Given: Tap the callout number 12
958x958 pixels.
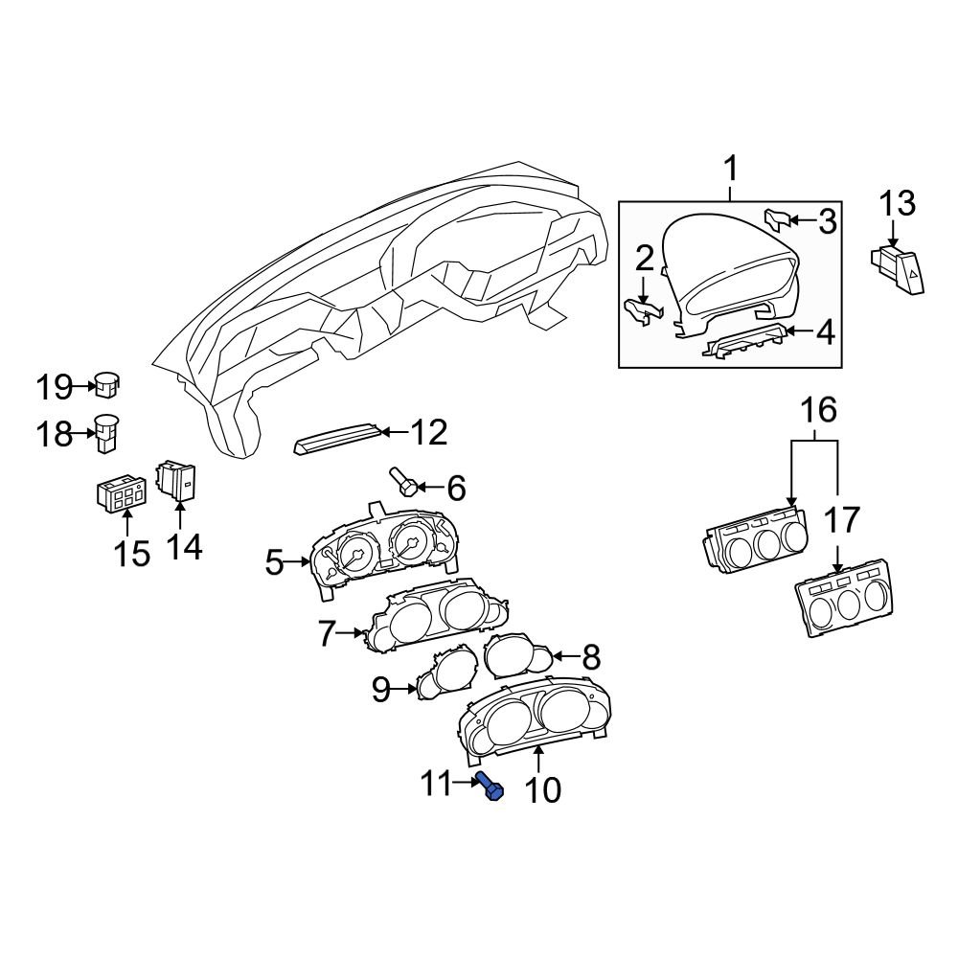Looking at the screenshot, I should (427, 433).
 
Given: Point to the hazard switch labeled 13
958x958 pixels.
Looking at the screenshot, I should (899, 269).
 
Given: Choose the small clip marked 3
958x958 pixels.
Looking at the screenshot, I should (778, 219).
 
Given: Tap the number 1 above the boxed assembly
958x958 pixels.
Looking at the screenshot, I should (730, 171).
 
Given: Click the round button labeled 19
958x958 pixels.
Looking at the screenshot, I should (108, 385).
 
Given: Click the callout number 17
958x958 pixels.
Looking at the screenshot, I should (843, 520).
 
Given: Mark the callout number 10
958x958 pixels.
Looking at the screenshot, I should (540, 790).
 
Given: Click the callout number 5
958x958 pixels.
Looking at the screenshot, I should (275, 562).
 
